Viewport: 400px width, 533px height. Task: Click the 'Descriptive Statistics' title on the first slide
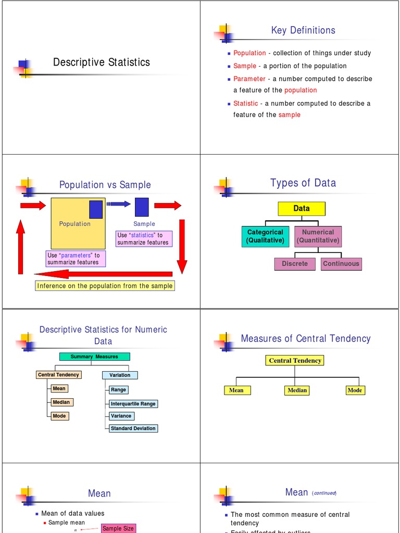[x=101, y=62]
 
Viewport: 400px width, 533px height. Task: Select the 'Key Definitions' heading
[x=303, y=30]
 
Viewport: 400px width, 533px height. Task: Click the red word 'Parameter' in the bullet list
[x=249, y=79]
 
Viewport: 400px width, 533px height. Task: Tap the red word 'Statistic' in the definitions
[x=245, y=103]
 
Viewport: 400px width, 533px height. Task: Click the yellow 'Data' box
[x=302, y=209]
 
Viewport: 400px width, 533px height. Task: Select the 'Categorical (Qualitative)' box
[x=265, y=236]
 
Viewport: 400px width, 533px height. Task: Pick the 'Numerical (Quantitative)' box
[x=318, y=236]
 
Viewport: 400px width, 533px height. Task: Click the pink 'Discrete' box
[x=295, y=264]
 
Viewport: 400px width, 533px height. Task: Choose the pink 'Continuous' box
[x=341, y=264]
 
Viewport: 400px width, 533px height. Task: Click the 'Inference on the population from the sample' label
[x=105, y=286]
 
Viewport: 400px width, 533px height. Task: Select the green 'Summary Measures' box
[x=94, y=357]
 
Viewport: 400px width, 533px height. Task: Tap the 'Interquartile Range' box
[x=133, y=404]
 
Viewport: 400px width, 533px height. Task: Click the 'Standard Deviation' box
[x=133, y=428]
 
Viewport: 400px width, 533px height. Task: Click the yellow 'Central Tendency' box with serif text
[x=295, y=360]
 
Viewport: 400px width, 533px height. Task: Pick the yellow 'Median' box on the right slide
[x=297, y=390]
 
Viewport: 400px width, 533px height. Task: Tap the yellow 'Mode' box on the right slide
[x=355, y=390]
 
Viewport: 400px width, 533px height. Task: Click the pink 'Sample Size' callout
[x=118, y=528]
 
